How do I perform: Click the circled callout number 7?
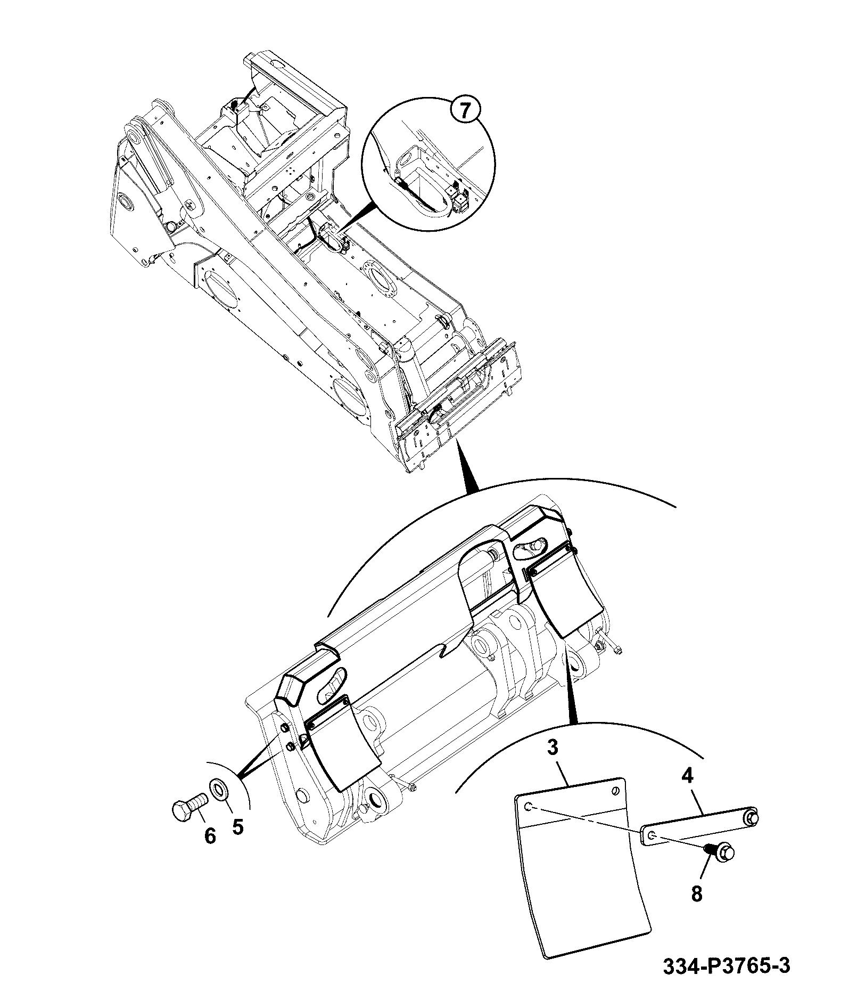click(x=464, y=111)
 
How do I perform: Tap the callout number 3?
click(x=553, y=747)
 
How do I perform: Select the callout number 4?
click(x=687, y=776)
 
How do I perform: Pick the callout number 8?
click(x=697, y=892)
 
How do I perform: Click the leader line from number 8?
click(x=705, y=872)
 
